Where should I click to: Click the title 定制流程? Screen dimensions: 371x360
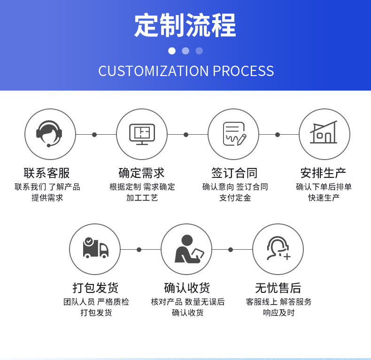185,25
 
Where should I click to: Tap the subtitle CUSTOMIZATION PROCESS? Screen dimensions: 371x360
186,71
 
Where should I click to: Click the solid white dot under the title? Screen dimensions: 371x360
172,51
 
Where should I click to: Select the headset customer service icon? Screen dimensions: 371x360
50,134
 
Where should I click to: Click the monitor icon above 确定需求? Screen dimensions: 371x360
141,134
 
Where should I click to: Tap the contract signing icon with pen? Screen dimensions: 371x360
233,134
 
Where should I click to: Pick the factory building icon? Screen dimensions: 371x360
324,134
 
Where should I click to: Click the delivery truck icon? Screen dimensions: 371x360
95,249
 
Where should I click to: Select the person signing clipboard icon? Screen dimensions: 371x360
186,249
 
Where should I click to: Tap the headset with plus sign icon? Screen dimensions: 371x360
278,249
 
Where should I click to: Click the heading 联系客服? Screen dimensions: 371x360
47,173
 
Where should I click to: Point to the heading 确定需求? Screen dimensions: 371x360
142,173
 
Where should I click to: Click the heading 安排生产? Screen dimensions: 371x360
324,173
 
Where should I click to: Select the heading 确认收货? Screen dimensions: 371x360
187,287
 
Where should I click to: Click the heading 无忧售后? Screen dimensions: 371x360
278,287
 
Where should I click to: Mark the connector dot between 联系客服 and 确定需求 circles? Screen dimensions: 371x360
94,135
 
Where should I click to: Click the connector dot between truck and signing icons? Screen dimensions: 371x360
139,249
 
